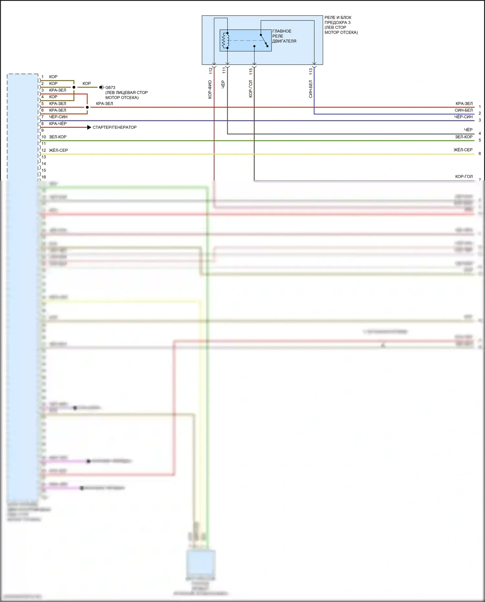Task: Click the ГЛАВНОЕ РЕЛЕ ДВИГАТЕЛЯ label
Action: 284,36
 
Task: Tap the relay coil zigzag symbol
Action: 225,40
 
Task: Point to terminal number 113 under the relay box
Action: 311,71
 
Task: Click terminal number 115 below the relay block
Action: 251,71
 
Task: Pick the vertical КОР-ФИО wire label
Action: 210,89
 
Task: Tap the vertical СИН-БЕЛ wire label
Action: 311,89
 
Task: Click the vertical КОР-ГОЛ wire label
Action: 251,89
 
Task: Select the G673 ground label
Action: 110,88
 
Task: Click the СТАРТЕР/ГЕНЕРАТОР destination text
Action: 114,127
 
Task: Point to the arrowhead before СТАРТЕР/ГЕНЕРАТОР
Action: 89,127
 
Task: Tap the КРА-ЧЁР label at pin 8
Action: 58,124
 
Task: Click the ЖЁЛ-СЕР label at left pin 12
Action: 59,150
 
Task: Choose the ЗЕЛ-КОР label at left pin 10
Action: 58,137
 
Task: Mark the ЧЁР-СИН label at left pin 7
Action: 58,117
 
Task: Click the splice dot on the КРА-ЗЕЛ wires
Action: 87,107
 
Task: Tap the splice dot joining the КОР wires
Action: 74,87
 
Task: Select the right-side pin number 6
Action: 480,154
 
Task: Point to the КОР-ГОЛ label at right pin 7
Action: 464,177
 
